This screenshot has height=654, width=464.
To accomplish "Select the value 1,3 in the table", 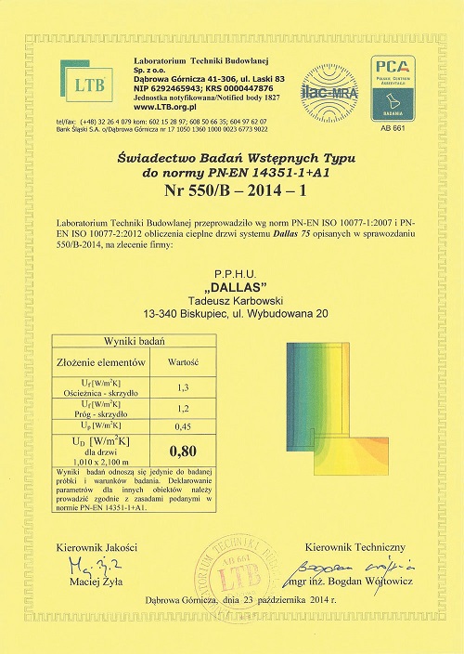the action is click(x=182, y=386).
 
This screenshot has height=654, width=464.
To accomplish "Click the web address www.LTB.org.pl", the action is click(x=158, y=108).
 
